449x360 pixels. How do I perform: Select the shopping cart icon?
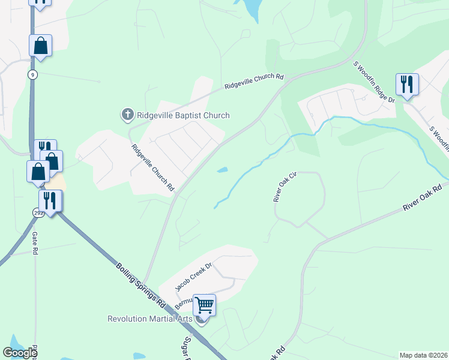tap(204, 305)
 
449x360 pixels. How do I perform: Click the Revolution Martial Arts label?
tap(150, 319)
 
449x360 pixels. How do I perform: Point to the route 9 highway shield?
tap(32, 74)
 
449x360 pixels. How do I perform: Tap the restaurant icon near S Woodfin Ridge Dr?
tap(407, 84)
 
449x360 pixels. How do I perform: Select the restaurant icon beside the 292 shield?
tap(50, 200)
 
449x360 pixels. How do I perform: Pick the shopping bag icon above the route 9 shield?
tap(40, 46)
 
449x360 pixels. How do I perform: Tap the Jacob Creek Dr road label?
tap(194, 276)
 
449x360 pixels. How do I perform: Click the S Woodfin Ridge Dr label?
tap(374, 81)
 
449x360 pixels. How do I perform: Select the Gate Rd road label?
tap(35, 243)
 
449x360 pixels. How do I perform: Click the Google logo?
tap(20, 353)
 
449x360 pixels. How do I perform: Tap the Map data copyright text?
tap(423, 355)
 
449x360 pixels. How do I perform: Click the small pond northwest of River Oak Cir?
tap(222, 170)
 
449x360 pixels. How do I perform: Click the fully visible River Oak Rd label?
tap(423, 197)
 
